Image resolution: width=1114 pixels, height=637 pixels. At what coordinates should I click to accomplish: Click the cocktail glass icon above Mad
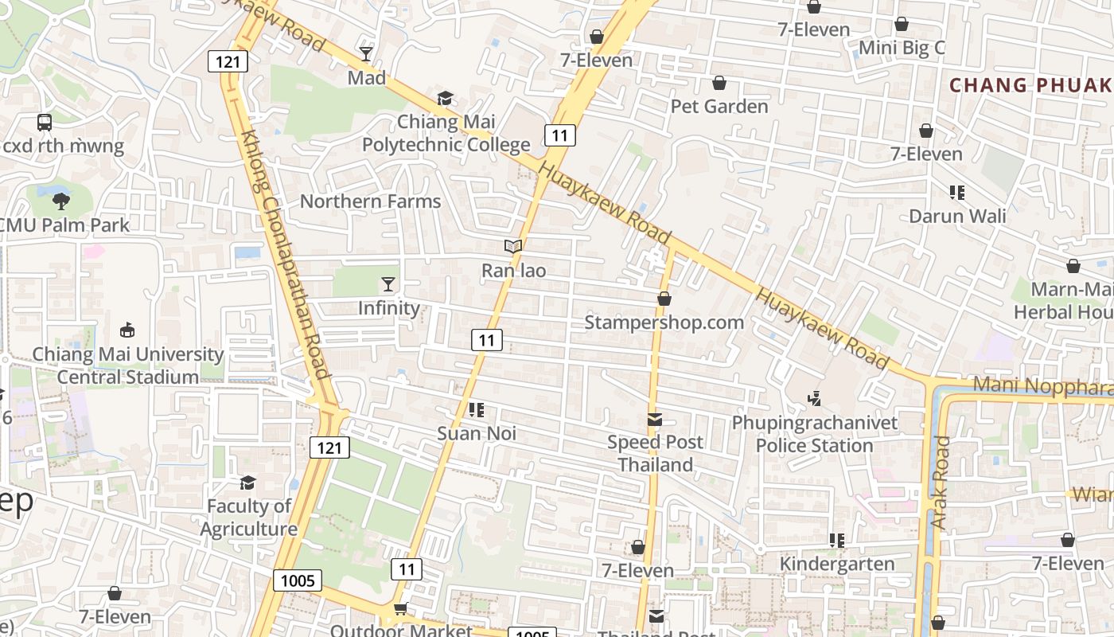pyautogui.click(x=365, y=54)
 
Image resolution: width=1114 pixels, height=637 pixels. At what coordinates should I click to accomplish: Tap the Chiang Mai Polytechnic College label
pyautogui.click(x=446, y=133)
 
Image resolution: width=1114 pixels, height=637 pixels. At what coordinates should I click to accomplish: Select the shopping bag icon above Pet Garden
pyautogui.click(x=719, y=83)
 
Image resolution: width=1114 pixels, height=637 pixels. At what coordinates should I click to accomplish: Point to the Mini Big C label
pyautogui.click(x=902, y=48)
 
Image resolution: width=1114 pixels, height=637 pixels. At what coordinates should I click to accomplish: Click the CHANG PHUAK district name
pyautogui.click(x=1031, y=85)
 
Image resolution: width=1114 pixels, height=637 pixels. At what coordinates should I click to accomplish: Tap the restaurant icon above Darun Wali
pyautogui.click(x=957, y=192)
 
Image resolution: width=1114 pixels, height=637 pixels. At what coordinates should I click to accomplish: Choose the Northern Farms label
pyautogui.click(x=370, y=201)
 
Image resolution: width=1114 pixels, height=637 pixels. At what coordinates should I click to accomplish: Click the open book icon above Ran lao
pyautogui.click(x=513, y=247)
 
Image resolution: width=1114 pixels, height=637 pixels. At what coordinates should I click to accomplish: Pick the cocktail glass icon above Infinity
pyautogui.click(x=388, y=284)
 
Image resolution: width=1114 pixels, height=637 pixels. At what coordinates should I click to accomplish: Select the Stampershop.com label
pyautogui.click(x=664, y=322)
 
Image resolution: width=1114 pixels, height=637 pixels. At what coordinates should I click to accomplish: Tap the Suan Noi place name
pyautogui.click(x=477, y=434)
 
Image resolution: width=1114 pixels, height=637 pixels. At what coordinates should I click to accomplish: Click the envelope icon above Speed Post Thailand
pyautogui.click(x=655, y=420)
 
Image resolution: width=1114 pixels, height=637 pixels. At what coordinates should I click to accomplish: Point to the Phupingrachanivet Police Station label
pyautogui.click(x=815, y=434)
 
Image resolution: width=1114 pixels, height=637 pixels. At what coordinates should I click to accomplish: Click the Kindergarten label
pyautogui.click(x=837, y=565)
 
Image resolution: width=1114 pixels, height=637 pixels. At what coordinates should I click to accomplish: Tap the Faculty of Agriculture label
pyautogui.click(x=248, y=518)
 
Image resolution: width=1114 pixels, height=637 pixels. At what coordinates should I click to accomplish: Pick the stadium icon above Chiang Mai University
pyautogui.click(x=127, y=330)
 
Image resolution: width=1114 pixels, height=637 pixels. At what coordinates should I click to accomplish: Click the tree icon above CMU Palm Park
pyautogui.click(x=61, y=201)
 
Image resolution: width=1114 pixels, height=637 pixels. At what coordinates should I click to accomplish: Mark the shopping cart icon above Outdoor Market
pyautogui.click(x=400, y=608)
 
